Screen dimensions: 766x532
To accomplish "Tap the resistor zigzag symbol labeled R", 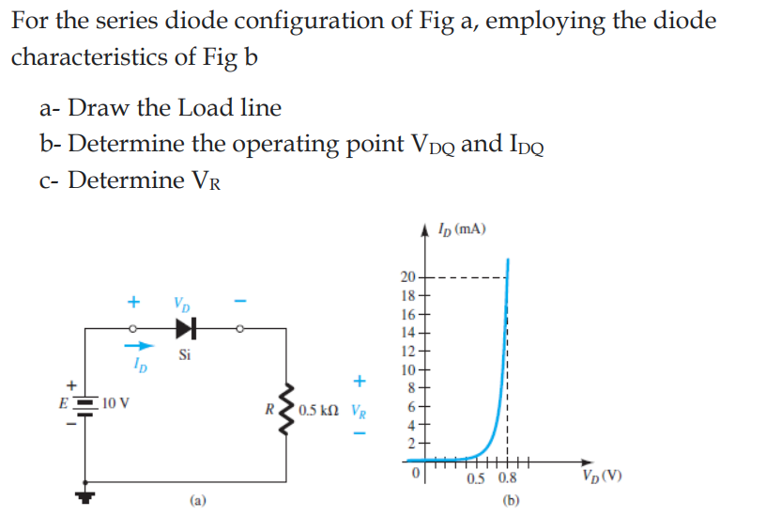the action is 286,410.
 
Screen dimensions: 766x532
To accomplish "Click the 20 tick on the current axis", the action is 406,276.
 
